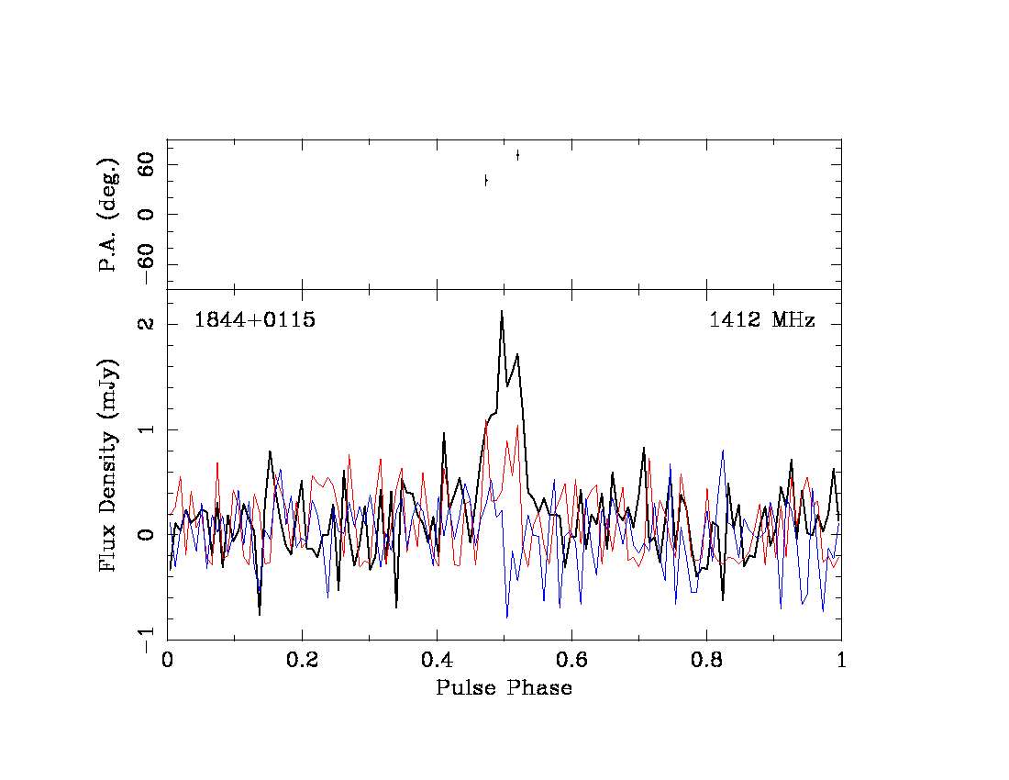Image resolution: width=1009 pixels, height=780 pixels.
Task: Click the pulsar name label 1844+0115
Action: coord(254,321)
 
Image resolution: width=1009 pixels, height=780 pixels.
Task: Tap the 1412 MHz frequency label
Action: coord(761,321)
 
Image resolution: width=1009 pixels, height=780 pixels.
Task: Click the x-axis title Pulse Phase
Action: coord(504,688)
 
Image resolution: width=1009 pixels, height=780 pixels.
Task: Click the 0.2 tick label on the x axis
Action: coord(302,661)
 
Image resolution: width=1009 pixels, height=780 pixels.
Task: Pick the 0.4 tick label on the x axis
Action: coord(437,661)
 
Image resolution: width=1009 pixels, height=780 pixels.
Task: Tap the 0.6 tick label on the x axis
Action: coord(571,661)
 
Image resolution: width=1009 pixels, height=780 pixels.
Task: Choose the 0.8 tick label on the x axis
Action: coord(706,661)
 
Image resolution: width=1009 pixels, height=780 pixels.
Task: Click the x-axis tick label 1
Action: coord(840,661)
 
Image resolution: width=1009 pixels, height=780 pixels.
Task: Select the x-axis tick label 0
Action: coord(167,661)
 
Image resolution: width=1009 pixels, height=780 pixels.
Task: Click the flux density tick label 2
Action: coord(147,325)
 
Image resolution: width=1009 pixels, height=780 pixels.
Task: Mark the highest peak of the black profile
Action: coord(502,311)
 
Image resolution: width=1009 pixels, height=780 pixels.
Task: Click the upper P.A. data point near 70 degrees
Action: coord(517,155)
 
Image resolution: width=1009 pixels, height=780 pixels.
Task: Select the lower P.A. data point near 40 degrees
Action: coord(486,181)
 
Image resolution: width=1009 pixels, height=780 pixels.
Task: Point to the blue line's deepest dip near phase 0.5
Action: coord(506,616)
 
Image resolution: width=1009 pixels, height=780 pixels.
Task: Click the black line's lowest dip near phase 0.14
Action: coord(260,613)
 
